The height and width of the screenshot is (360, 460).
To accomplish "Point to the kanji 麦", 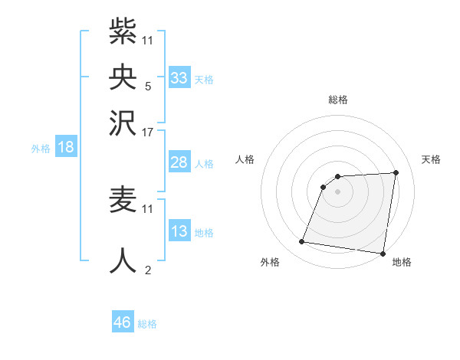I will point(123,199).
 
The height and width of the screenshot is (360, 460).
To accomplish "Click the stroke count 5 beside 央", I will point(147,85).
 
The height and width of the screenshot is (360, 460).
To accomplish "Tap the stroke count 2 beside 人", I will point(148,270).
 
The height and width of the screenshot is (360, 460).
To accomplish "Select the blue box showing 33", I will point(179,77).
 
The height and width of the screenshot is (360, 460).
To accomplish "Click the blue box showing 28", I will point(179,162).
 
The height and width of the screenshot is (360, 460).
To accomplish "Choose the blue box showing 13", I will point(179,231).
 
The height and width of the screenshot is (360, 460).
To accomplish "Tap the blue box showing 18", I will point(66,147).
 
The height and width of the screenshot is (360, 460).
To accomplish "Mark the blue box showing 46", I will point(123,322).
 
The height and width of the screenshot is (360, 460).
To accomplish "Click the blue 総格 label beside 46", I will point(147,324).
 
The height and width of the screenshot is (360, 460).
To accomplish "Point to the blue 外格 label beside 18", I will point(41,149).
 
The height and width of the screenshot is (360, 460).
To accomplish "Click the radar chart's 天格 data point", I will point(396,172).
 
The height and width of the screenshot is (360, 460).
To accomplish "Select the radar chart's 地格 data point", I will point(383,254).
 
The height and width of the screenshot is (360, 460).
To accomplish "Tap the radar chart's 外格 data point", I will point(302,242).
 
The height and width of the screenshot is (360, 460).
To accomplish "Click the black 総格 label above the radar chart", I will point(337,100).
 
